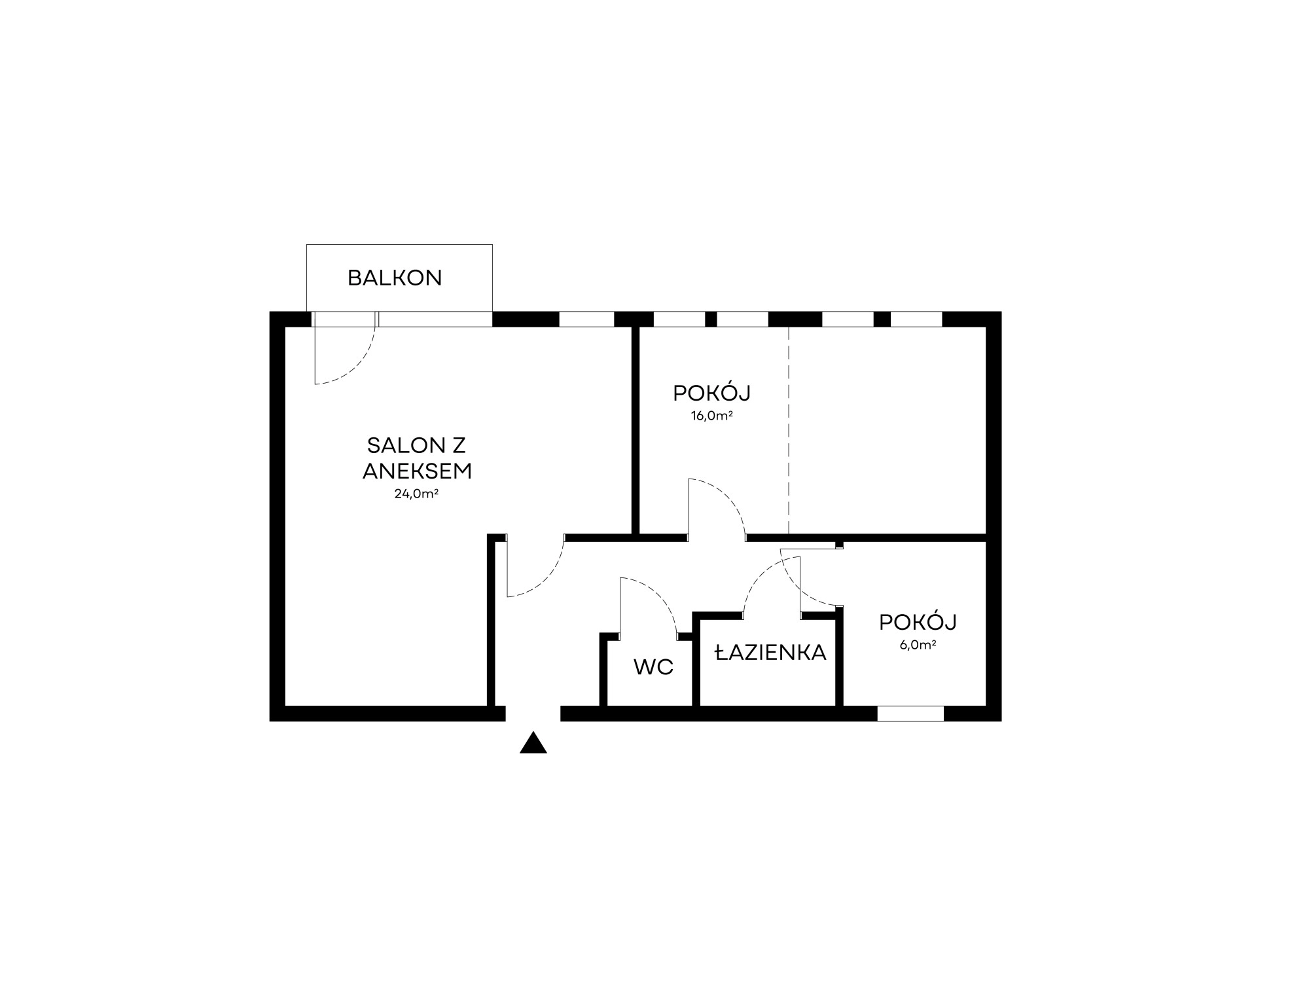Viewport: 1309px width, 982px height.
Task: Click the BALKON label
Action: click(395, 278)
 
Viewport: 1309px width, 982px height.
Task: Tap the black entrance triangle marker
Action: click(533, 742)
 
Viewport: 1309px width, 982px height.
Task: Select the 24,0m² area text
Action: click(416, 494)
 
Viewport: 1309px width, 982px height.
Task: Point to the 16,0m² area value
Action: click(711, 416)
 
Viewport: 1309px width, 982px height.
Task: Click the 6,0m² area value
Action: click(918, 645)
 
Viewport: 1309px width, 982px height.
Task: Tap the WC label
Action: click(653, 668)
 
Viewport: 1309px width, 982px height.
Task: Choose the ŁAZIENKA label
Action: click(770, 653)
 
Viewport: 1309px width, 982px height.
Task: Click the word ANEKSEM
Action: click(417, 471)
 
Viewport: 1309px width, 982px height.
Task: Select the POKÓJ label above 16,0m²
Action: click(711, 393)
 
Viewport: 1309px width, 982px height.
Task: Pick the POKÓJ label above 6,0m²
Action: click(918, 622)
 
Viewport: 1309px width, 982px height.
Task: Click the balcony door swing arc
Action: click(359, 367)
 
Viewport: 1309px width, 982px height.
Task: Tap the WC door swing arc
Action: click(658, 596)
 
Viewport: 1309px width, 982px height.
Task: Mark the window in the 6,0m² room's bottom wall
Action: click(910, 714)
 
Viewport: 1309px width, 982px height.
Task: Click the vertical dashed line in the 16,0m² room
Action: click(789, 430)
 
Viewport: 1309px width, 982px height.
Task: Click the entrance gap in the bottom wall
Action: click(533, 714)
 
